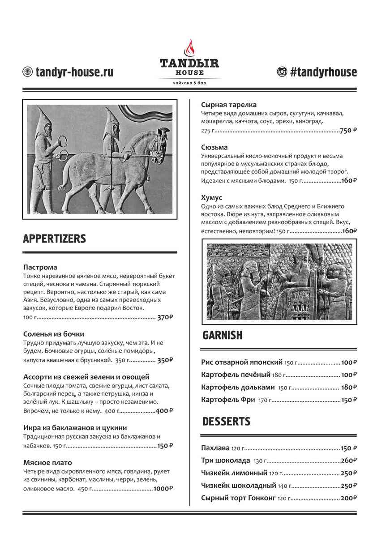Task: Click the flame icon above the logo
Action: [190, 47]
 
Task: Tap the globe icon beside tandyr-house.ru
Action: [28, 72]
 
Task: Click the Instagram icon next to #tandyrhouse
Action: [282, 72]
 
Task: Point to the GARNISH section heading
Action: [222, 335]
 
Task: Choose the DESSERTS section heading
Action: [226, 422]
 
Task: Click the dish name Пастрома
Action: [40, 267]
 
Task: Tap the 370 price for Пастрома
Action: [164, 317]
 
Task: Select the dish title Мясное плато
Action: [47, 463]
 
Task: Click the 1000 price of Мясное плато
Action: [162, 489]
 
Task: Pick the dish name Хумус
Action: [212, 197]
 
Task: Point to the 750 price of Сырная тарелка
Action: [346, 131]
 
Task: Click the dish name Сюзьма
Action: [214, 147]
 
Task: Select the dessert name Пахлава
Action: [215, 448]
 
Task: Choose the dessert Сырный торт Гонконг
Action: [238, 498]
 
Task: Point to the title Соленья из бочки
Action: [54, 334]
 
